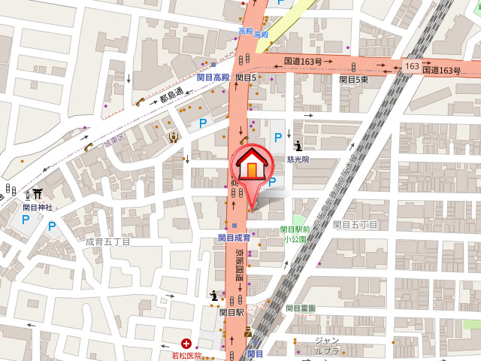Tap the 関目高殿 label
(213, 77)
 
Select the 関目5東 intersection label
(353, 78)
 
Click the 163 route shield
(411, 66)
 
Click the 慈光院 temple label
(298, 159)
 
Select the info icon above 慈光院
(298, 146)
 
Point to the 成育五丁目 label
(107, 241)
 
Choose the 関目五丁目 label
(355, 224)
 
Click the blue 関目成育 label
(234, 238)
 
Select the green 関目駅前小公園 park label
(295, 234)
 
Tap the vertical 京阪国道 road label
(240, 266)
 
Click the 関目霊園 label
(300, 308)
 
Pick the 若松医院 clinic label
(187, 355)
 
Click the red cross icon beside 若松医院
(186, 343)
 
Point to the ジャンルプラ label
(328, 345)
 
